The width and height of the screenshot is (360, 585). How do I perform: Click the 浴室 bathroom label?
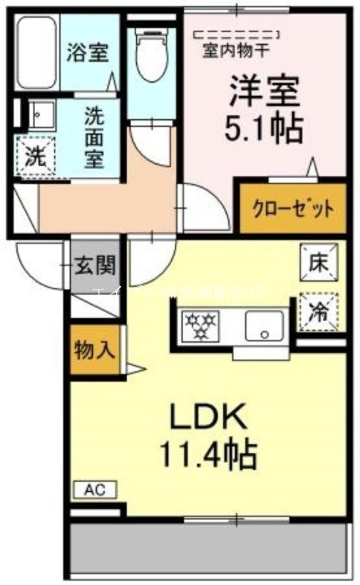click(88, 53)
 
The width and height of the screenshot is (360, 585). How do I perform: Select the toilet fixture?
click(151, 55)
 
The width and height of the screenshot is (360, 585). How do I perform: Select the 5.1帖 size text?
click(263, 130)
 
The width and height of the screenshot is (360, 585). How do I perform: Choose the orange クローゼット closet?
click(293, 208)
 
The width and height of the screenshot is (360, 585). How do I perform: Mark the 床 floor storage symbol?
click(319, 260)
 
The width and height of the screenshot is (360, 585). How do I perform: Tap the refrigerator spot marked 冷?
click(319, 311)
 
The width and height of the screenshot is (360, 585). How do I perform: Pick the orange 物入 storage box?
click(93, 350)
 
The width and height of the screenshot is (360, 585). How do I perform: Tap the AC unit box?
click(94, 489)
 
